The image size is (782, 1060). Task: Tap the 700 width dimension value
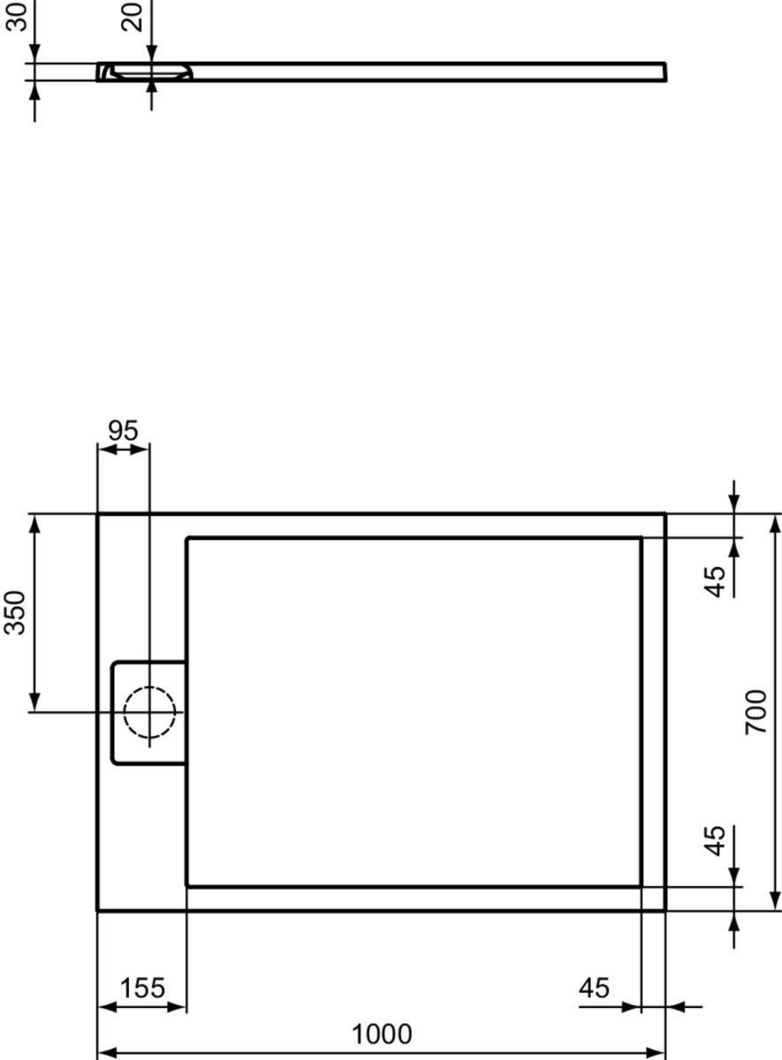coord(755,712)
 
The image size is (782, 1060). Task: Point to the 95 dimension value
coord(123,430)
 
